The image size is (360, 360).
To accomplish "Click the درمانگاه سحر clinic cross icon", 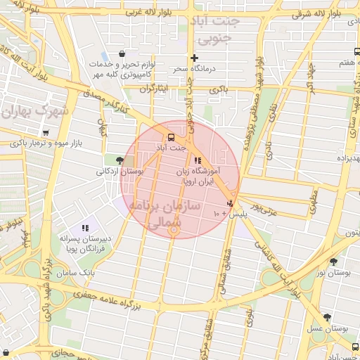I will [x=194, y=58].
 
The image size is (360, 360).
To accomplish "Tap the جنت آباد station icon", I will [x=171, y=137].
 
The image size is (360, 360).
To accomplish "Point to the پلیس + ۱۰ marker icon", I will [x=229, y=202].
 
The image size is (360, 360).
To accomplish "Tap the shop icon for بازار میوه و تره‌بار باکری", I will [x=46, y=133].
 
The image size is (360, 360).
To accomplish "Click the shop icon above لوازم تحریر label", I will [x=122, y=54].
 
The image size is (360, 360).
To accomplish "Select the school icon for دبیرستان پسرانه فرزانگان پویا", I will [x=85, y=228].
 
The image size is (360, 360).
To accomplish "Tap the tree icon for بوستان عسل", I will [x=326, y=317].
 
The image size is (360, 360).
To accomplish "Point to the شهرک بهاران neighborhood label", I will [x=34, y=112].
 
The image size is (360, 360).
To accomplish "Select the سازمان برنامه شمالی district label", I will [x=165, y=214].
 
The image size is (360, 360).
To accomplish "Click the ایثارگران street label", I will [x=155, y=89].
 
